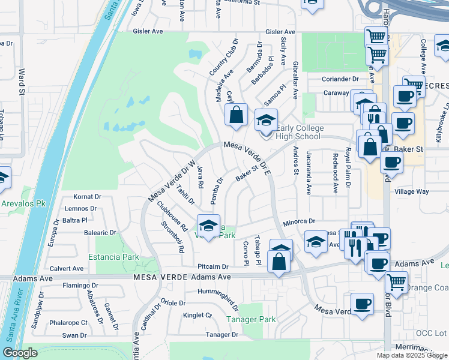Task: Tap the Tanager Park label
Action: point(252,319)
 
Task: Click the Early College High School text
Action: point(300,132)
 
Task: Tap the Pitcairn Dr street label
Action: point(213,266)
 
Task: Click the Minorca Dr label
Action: point(300,221)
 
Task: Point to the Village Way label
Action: point(411,192)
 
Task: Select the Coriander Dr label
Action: point(340,79)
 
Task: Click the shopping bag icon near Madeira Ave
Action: point(237,114)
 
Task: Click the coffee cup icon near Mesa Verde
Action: point(362,304)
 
